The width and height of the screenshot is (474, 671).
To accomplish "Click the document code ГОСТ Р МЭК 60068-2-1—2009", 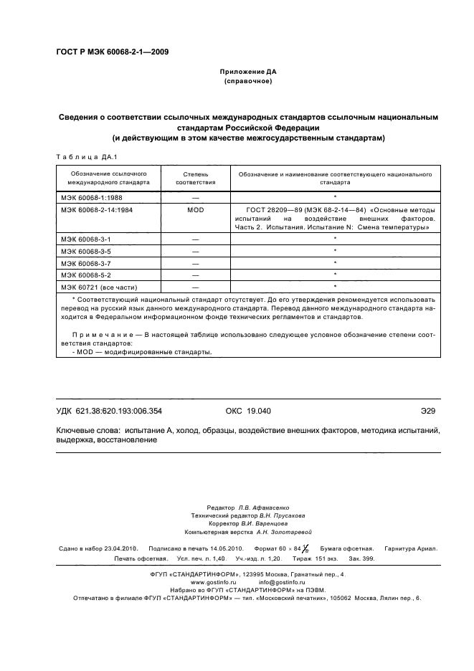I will pos(112,51).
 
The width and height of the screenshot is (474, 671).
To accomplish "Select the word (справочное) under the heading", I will pos(249,82).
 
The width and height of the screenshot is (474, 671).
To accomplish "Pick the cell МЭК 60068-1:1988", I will pos(87,196).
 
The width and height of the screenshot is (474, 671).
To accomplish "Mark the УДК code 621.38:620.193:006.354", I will pos(123,411).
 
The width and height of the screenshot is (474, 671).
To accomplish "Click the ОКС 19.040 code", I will pos(244,411).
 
